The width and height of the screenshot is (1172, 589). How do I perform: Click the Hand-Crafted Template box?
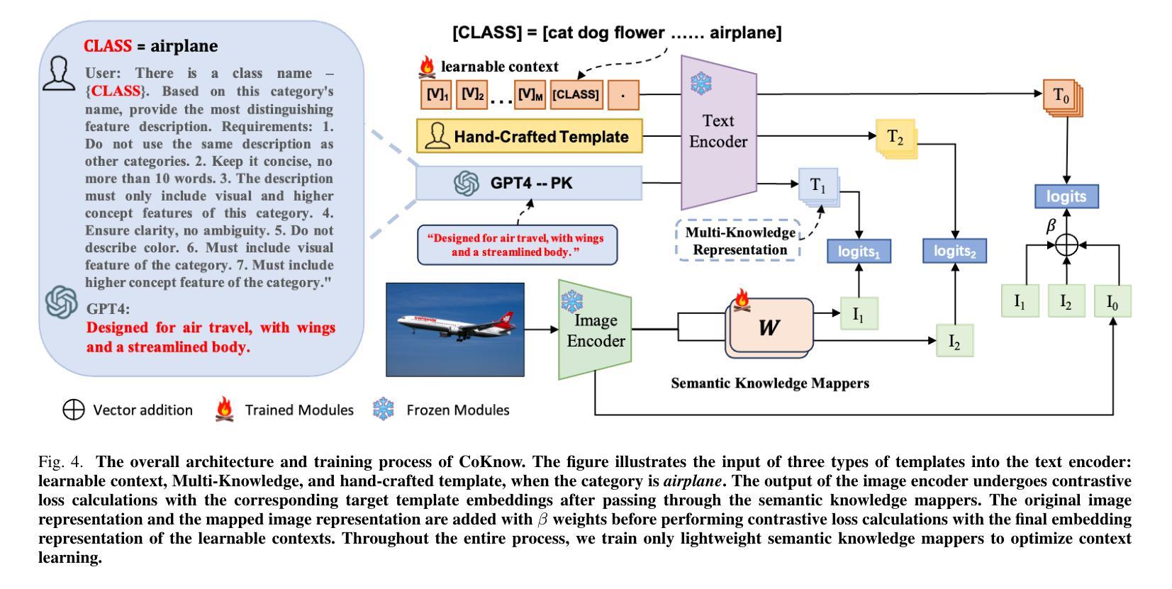(530, 136)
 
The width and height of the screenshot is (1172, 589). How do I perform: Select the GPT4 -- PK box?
(529, 183)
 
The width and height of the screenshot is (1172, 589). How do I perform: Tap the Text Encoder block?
(718, 132)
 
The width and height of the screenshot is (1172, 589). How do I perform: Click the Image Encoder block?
(595, 330)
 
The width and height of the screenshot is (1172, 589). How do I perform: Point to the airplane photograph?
(455, 330)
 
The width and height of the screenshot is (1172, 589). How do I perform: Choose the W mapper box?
(769, 328)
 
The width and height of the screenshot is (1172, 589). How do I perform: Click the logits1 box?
(859, 251)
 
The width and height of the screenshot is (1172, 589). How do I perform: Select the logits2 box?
(955, 251)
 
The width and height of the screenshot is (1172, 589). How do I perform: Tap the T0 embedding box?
(1063, 97)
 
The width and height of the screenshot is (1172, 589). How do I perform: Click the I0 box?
(1113, 301)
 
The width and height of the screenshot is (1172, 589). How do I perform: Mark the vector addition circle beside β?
(1066, 245)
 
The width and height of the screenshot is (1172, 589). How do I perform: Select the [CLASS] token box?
(576, 95)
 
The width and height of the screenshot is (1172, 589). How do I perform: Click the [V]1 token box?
(436, 95)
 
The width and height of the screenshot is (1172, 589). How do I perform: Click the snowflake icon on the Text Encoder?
(701, 83)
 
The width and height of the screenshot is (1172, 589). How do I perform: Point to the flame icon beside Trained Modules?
(225, 409)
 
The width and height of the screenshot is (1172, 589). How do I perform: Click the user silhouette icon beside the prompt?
(59, 74)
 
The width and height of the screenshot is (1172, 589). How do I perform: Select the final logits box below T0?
(1066, 196)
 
